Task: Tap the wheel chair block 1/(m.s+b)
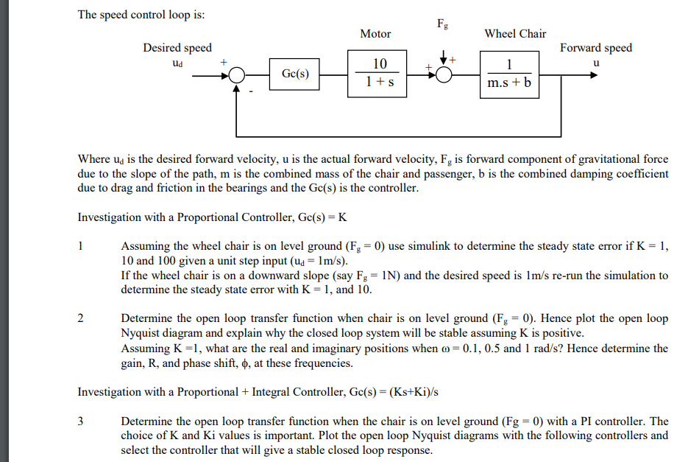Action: tap(509, 74)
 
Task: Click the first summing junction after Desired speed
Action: tap(237, 74)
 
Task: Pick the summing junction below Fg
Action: tap(444, 74)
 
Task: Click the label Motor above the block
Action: tap(375, 34)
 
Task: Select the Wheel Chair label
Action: tap(515, 34)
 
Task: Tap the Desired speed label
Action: tap(177, 48)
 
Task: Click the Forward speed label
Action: tap(595, 48)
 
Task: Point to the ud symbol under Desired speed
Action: tap(177, 63)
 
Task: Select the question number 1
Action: tap(82, 245)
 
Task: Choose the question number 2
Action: tap(82, 318)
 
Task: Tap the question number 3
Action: tap(82, 421)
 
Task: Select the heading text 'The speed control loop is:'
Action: tap(142, 15)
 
